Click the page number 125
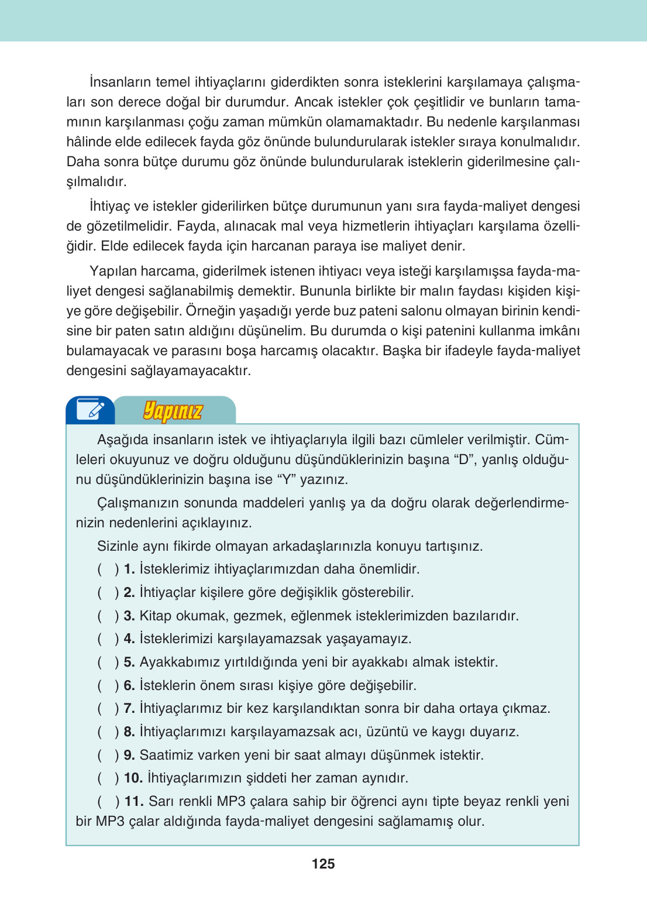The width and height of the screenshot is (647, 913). [x=323, y=864]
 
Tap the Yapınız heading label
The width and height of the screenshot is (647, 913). [x=173, y=411]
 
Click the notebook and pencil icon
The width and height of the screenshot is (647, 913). [x=91, y=410]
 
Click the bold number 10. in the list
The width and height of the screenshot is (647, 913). [x=133, y=778]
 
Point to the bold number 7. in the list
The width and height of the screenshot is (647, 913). [x=129, y=708]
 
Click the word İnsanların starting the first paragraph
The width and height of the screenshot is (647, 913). [x=121, y=82]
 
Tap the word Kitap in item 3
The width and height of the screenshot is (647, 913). [x=156, y=616]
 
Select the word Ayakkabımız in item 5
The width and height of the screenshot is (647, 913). [x=180, y=662]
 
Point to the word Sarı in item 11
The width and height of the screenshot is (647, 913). [x=161, y=801]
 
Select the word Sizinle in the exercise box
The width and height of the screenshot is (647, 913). [x=120, y=546]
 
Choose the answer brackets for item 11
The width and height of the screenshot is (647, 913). [x=108, y=801]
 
